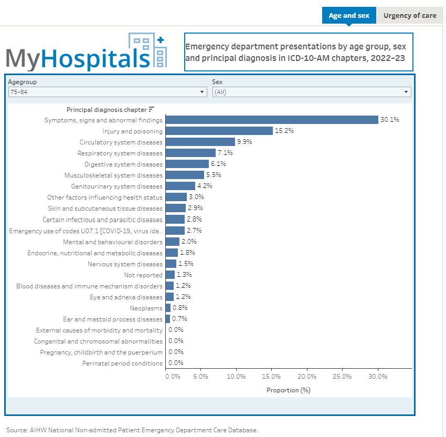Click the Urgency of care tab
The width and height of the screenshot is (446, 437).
409,15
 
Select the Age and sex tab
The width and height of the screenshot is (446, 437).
349,15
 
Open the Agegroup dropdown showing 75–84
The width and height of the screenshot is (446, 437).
108,92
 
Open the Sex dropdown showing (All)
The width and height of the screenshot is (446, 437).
311,92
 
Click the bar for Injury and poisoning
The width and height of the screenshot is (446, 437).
219,131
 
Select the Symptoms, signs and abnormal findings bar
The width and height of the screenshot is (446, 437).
272,120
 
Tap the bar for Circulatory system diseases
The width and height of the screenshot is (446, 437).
200,142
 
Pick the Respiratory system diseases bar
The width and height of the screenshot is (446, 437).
190,153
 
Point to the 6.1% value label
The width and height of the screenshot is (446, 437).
218,164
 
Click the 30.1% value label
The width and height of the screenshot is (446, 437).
390,120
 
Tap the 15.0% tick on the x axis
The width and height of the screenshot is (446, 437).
271,376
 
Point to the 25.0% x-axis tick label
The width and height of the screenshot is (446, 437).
342,376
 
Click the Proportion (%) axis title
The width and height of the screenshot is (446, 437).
289,390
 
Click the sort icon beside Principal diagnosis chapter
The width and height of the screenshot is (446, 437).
152,109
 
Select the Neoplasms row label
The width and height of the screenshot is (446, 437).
146,308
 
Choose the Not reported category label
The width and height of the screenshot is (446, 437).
143,275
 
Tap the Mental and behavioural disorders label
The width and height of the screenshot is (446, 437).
113,242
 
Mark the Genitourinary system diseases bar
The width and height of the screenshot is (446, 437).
180,186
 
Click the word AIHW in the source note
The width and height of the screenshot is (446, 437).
37,430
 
